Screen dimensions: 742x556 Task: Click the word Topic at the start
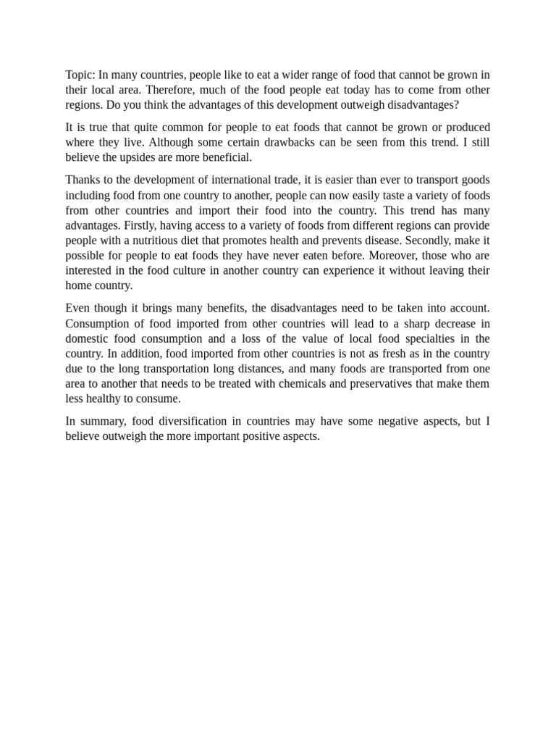80,75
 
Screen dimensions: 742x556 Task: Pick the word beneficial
226,157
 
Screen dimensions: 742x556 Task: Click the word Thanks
83,180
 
